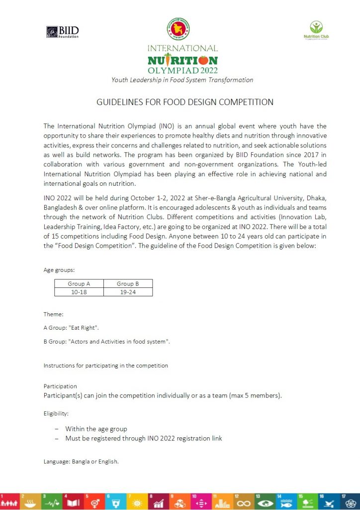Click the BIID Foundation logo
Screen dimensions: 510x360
pos(63,32)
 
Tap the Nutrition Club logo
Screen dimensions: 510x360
pos(316,30)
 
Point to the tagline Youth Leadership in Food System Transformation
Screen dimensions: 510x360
pos(182,80)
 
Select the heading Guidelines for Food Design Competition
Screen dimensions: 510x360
pos(185,102)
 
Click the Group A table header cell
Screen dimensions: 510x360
pos(79,283)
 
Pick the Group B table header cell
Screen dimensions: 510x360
pos(128,283)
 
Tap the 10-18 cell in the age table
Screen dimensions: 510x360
pos(79,292)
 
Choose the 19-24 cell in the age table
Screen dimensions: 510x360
pos(128,292)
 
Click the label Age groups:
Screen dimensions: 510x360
pos(59,269)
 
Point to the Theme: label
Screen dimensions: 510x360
pos(53,314)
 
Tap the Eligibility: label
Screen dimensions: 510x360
pos(56,413)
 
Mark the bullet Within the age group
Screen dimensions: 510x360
pos(96,429)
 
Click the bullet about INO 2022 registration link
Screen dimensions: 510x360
pos(143,438)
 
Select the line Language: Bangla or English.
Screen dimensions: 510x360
pos(81,462)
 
